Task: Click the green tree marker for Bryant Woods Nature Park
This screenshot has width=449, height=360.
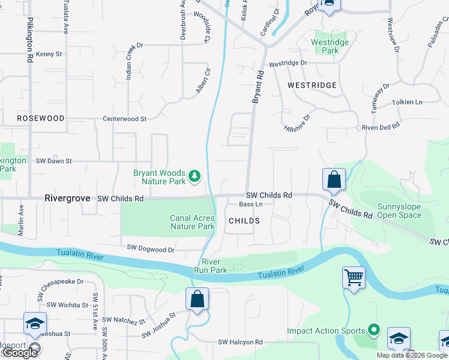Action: [194, 176]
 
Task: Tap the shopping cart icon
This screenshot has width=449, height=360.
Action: [354, 278]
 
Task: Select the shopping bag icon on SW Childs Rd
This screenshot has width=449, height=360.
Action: [334, 179]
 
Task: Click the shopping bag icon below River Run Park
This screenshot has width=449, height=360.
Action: [197, 299]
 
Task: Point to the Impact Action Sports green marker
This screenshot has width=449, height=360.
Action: [374, 331]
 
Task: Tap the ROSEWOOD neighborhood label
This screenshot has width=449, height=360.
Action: [40, 118]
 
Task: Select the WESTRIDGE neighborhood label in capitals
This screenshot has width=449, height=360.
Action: [312, 86]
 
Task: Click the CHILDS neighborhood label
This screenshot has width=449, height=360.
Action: [244, 221]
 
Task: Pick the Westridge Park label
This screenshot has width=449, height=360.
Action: [325, 46]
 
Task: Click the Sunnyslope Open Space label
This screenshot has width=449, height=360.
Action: [399, 211]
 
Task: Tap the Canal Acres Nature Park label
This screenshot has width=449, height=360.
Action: [193, 223]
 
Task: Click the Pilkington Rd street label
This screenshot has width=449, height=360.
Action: [29, 40]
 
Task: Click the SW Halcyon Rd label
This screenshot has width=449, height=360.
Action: [240, 342]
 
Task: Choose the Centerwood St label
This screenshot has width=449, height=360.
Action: [125, 119]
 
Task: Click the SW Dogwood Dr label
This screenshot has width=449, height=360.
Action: [151, 248]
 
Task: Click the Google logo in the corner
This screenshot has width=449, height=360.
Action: [20, 353]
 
